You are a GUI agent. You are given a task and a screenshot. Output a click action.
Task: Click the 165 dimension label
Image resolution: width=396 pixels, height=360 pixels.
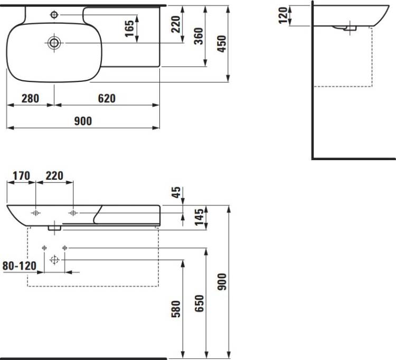129,29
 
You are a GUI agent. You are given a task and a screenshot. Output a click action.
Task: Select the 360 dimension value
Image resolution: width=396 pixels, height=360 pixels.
199,36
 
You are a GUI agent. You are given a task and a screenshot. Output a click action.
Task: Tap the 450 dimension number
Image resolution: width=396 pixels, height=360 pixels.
222,44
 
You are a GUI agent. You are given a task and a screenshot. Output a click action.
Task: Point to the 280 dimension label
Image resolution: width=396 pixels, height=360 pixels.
30,98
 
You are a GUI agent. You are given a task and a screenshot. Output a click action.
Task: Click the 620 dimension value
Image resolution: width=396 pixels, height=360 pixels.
107,98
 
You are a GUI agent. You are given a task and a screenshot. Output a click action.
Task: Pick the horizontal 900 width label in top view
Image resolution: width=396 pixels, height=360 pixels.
83,121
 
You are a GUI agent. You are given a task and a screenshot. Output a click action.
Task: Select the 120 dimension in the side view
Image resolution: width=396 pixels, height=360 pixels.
283,15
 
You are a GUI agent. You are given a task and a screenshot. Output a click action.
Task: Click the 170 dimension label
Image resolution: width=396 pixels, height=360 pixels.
22,176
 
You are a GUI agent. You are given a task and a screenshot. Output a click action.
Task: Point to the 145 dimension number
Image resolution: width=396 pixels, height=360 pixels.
199,217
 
